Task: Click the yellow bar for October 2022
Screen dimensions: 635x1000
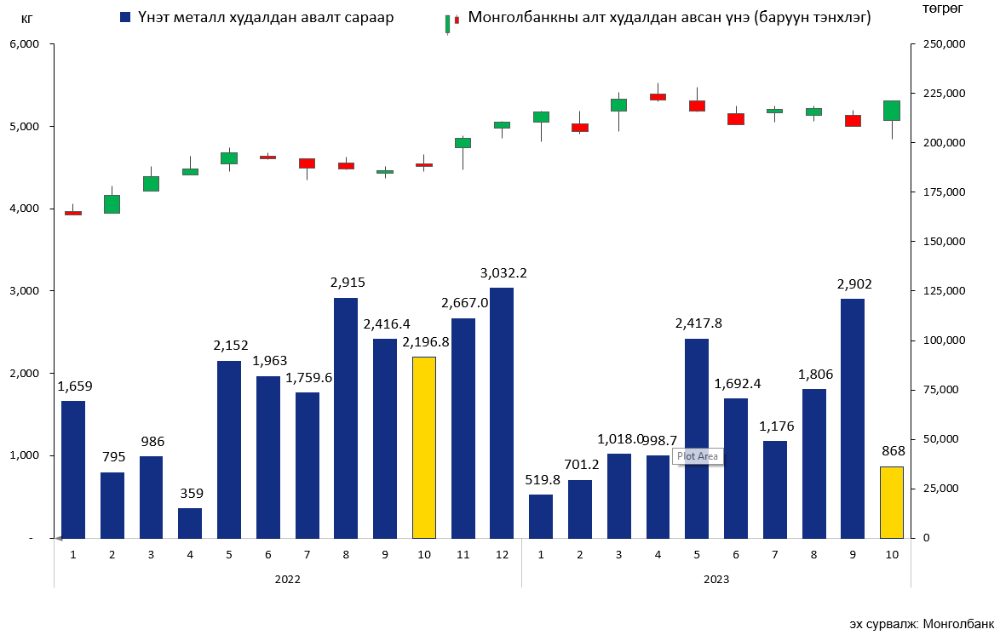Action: tap(424, 447)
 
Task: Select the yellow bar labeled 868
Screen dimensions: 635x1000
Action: tap(891, 502)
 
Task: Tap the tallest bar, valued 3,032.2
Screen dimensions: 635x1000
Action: tap(502, 413)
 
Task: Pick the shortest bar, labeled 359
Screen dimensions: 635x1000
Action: tap(190, 523)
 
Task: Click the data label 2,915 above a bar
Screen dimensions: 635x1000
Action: tap(346, 283)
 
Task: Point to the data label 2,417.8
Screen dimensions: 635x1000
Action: tap(697, 323)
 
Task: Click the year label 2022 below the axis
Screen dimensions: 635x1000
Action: tap(287, 579)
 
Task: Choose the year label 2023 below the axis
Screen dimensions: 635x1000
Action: tap(716, 579)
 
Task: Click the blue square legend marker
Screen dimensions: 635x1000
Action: tap(126, 17)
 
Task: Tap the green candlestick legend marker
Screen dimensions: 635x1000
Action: tap(448, 23)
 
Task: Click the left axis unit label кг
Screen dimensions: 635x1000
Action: tap(27, 17)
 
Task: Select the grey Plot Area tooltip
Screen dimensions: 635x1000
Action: tap(697, 456)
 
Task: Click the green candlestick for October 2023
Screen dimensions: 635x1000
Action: tap(891, 111)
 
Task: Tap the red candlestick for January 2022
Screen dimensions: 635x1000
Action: tap(73, 213)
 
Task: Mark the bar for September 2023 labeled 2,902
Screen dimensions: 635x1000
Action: tap(853, 417)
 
